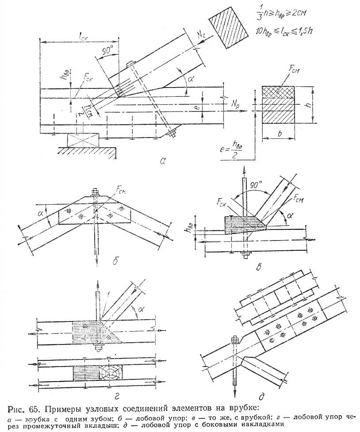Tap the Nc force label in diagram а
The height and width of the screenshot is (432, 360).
(x=203, y=34)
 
